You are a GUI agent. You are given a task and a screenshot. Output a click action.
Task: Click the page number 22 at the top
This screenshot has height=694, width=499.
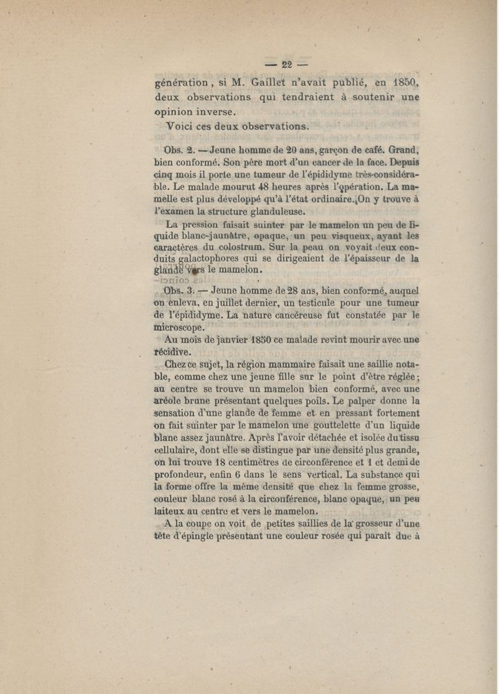287,64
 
